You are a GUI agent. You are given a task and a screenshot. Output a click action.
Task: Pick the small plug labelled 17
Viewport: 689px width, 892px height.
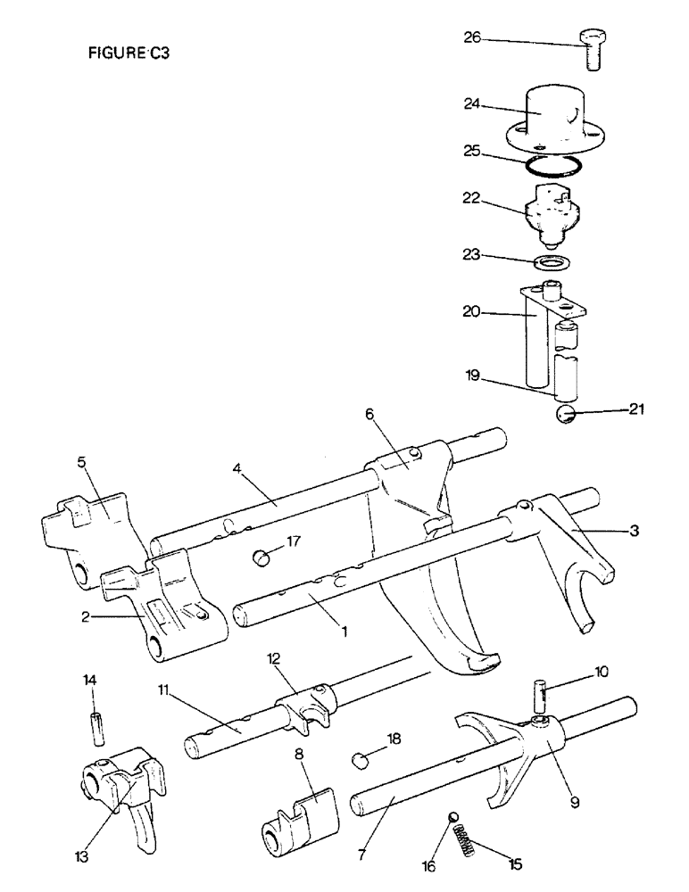tap(261, 558)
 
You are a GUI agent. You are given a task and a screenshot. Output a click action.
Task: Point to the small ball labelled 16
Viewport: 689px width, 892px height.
tap(452, 818)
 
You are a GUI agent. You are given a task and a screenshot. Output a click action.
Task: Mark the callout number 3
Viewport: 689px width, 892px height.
tap(634, 531)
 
